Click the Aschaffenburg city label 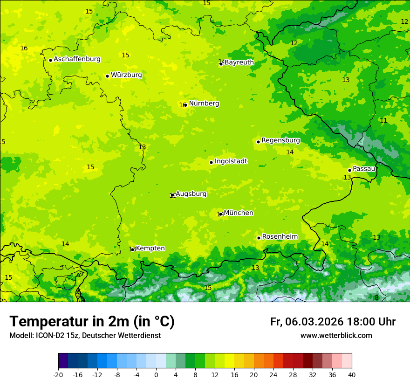point(77,59)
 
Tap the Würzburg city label point(126,75)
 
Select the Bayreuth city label point(239,62)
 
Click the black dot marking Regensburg point(258,142)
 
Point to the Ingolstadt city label point(231,161)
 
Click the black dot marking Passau point(349,170)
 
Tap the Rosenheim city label point(280,237)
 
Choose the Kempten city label point(150,249)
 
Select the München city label point(239,213)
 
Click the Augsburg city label point(191,194)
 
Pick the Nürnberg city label point(204,104)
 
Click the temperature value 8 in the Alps point(376,298)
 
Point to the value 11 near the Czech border point(383,121)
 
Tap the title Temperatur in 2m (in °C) point(92,322)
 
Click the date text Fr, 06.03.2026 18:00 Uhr point(333,322)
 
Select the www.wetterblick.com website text point(336,336)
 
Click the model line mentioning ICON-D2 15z point(85,336)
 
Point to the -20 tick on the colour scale point(58,374)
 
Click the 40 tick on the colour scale point(352,374)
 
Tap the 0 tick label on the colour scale point(156,374)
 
